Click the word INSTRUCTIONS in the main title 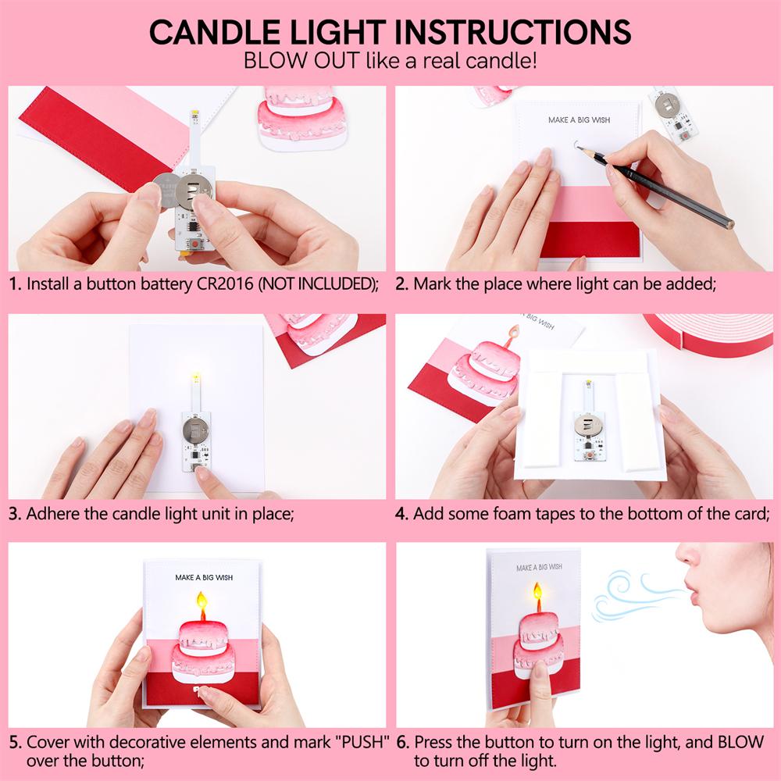click(512, 32)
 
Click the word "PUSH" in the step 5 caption click(362, 741)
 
